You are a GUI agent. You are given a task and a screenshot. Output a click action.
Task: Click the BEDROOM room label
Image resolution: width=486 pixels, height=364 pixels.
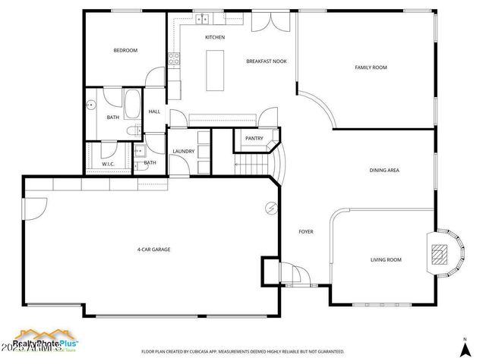125,51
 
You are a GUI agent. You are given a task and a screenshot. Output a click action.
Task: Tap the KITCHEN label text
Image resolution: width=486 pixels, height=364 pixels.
215,37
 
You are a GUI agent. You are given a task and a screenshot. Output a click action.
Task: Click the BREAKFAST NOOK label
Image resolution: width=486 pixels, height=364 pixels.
266,61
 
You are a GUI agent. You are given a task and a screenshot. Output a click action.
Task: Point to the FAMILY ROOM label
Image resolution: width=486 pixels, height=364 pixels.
371,67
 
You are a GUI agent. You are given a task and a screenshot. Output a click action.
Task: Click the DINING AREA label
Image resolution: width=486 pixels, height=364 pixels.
383,171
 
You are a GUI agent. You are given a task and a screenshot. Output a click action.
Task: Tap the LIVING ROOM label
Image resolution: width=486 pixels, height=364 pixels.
386,260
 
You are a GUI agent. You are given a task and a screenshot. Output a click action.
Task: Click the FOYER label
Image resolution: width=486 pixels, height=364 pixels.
306,231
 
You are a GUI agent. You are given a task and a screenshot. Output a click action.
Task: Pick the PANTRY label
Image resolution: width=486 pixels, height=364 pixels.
254,139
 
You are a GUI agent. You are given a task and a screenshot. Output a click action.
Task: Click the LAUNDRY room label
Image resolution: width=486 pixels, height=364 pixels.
183,151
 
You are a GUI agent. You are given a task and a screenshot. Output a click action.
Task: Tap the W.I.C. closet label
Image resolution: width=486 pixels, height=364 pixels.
109,164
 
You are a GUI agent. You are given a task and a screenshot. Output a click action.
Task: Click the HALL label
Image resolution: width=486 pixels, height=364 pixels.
154,111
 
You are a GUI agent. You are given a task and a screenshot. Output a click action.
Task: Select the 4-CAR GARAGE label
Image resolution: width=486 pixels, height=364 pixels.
153,249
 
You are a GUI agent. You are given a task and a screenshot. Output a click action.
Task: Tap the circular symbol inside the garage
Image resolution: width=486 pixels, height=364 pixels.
270,208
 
